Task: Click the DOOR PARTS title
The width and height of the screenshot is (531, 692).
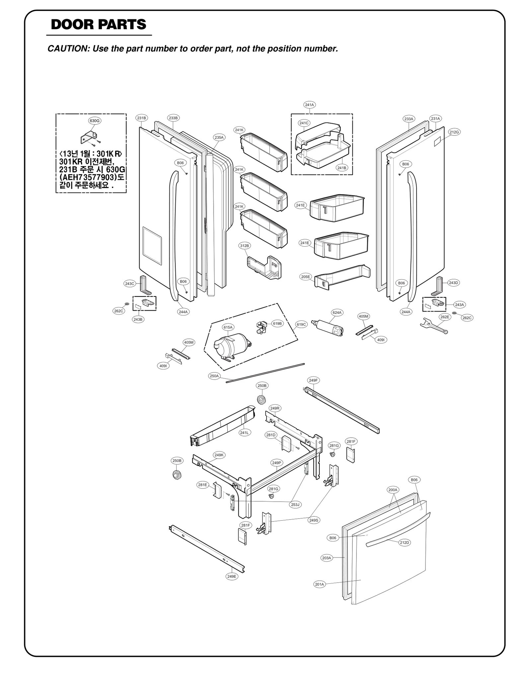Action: point(99,25)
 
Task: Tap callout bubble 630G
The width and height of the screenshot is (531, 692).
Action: point(95,121)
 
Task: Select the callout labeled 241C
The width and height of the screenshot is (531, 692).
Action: point(304,123)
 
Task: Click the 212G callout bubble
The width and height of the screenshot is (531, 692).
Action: point(454,132)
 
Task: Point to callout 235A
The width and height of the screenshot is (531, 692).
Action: point(219,137)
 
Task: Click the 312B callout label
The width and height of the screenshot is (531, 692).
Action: point(244,246)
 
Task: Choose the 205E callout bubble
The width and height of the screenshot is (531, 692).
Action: point(305,277)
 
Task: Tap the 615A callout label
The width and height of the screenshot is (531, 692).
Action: point(228,327)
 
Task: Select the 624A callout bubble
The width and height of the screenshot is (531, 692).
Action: point(337,312)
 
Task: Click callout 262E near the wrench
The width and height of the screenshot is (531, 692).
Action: point(445,317)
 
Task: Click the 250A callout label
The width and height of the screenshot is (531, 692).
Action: point(214,376)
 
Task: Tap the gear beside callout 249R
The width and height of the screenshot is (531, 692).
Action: point(262,400)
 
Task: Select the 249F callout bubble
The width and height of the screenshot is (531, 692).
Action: point(313,380)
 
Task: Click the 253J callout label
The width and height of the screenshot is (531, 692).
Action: point(295,505)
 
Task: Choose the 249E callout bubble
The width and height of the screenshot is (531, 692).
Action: point(232,576)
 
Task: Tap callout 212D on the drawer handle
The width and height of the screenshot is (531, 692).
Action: point(404,543)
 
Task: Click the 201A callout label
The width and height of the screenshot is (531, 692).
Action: point(319,584)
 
